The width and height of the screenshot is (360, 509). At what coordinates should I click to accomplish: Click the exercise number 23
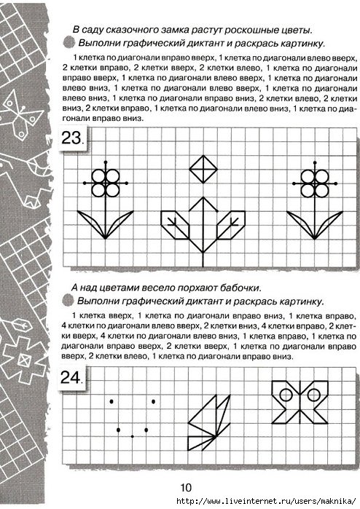click(x=75, y=138)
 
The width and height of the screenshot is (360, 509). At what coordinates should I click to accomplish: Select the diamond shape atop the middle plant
click(x=203, y=168)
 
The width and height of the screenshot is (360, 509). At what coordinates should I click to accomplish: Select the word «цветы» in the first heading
click(x=291, y=30)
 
